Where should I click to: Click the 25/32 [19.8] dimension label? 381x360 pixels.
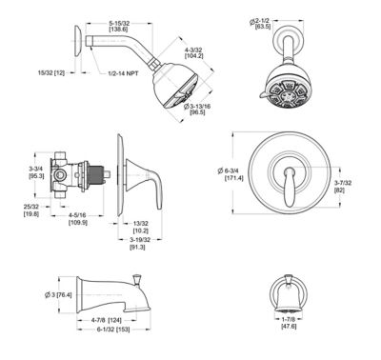click(x=30, y=209)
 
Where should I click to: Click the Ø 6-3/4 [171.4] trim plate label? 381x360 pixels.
click(x=231, y=172)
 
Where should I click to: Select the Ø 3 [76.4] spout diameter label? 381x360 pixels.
click(x=58, y=294)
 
